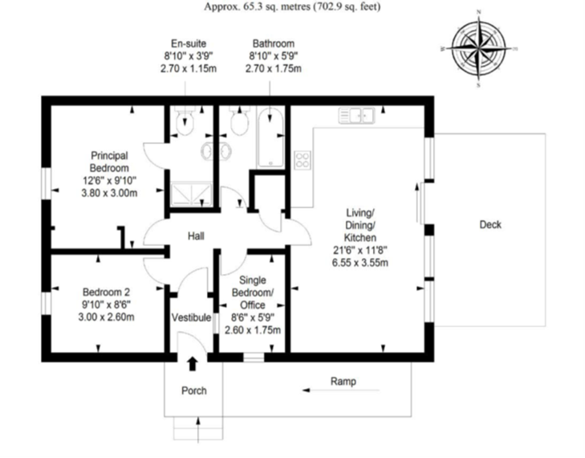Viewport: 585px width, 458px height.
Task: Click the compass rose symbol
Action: click(x=478, y=49)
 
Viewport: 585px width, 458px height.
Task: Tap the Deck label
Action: click(x=490, y=225)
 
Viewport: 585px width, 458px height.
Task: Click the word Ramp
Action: click(x=343, y=382)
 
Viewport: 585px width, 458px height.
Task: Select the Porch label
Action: click(x=193, y=391)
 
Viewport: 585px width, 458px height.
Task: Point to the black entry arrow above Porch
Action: click(x=192, y=364)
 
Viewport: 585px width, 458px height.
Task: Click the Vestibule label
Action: click(x=191, y=318)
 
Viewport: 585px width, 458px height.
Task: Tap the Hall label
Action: click(x=196, y=236)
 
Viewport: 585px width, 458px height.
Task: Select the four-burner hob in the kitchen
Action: click(x=303, y=159)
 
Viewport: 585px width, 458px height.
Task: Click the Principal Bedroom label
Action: click(x=109, y=162)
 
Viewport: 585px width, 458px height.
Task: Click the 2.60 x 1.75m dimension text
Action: click(x=252, y=329)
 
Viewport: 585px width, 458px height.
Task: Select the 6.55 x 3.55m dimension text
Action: click(x=360, y=263)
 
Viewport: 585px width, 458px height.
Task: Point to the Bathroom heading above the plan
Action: click(x=273, y=43)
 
